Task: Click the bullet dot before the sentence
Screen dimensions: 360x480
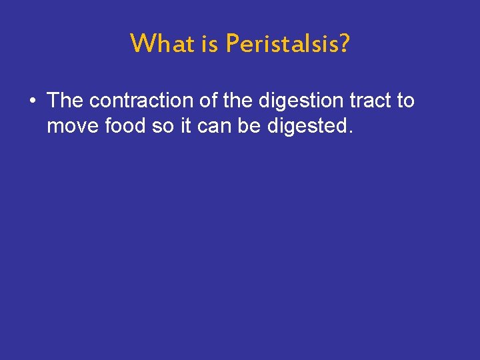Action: click(x=31, y=101)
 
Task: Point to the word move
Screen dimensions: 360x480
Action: click(x=71, y=126)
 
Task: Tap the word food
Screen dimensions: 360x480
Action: click(x=125, y=126)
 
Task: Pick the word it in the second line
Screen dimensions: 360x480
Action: click(x=186, y=126)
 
